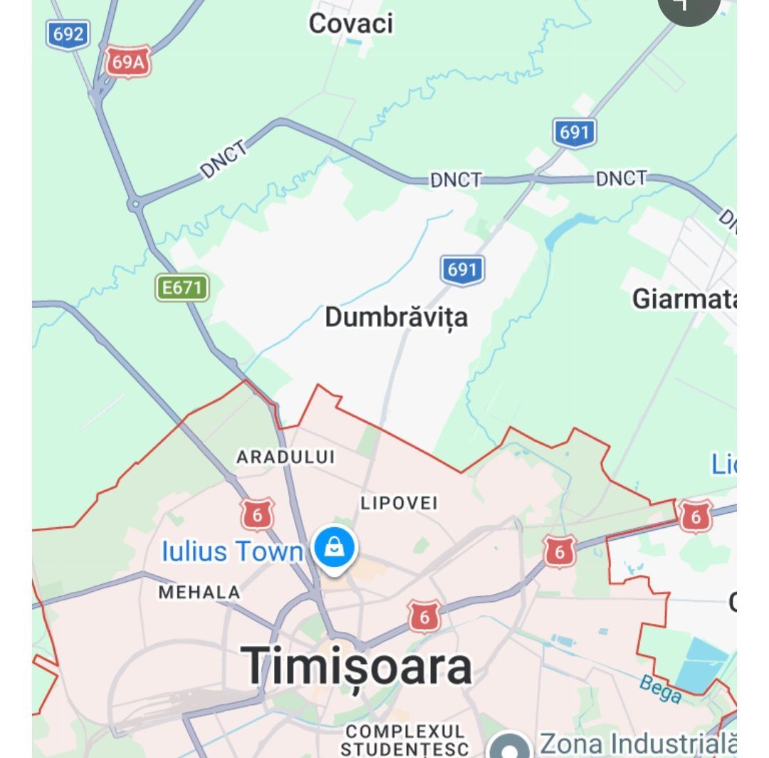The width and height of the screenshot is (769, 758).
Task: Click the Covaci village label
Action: pyautogui.click(x=350, y=24)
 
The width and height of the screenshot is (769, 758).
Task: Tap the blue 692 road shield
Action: pyautogui.click(x=68, y=34)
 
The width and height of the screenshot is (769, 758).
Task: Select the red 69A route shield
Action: pyautogui.click(x=128, y=62)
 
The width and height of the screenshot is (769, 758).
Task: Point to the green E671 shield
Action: pyautogui.click(x=183, y=288)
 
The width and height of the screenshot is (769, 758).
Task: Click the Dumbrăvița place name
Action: pyautogui.click(x=396, y=317)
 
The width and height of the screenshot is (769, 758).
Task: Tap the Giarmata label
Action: pyautogui.click(x=684, y=299)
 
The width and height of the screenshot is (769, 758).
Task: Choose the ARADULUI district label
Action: pyautogui.click(x=285, y=457)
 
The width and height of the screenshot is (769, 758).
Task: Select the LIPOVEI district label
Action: pyautogui.click(x=399, y=503)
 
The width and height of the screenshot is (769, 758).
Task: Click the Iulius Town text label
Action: pyautogui.click(x=233, y=551)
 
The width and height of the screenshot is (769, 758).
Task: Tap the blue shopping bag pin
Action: pyautogui.click(x=335, y=549)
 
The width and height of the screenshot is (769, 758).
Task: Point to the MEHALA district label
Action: pyautogui.click(x=199, y=592)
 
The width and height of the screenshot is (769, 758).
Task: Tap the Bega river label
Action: pyautogui.click(x=660, y=688)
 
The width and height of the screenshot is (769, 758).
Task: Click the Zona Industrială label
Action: pyautogui.click(x=637, y=744)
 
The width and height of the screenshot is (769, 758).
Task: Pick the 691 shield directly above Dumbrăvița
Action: pyautogui.click(x=462, y=270)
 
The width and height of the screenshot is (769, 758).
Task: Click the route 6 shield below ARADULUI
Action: pyautogui.click(x=257, y=514)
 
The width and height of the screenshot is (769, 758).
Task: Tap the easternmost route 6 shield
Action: pyautogui.click(x=695, y=516)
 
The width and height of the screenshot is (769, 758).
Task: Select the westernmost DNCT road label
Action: pyautogui.click(x=225, y=160)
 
